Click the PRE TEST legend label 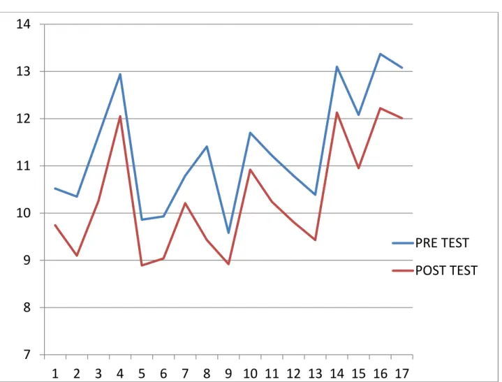pos(442,243)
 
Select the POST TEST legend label pos(446,270)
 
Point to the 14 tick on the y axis pos(23,24)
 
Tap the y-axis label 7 pos(27,355)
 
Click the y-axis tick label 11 pos(23,166)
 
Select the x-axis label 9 pos(228,374)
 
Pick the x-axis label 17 pos(402,374)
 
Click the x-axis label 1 pos(54,374)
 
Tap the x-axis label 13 pos(316,374)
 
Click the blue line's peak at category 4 pos(120,74)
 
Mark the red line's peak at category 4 pos(120,116)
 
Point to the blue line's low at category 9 pos(228,233)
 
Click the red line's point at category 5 pos(142,265)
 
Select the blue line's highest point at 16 pos(381,54)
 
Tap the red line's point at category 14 pos(337,112)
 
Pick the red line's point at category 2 pos(77,256)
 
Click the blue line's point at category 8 pos(207,147)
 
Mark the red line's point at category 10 pos(250,170)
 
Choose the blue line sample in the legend pos(403,243)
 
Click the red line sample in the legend pos(403,271)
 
